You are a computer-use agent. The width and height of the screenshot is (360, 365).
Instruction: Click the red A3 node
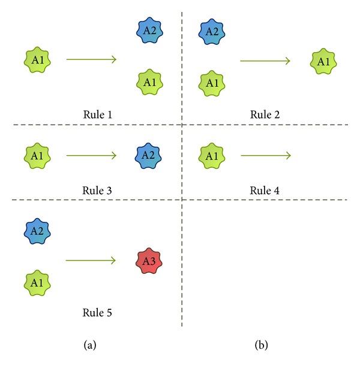147,261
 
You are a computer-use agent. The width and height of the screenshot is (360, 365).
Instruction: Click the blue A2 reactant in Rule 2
211,31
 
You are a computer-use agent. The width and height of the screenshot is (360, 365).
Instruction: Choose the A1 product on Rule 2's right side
323,61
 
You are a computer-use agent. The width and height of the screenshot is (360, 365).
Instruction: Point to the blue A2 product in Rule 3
147,156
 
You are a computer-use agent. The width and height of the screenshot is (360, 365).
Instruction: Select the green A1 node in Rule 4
211,156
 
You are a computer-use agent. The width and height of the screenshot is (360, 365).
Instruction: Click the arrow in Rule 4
266,156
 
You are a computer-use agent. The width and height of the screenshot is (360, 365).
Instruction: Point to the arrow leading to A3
91,261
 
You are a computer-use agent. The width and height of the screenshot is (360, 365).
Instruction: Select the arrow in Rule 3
91,156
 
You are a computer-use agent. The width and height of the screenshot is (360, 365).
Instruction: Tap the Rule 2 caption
265,113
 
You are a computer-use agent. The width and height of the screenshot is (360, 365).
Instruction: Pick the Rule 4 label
265,190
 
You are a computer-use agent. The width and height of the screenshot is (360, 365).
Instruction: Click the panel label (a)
90,345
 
